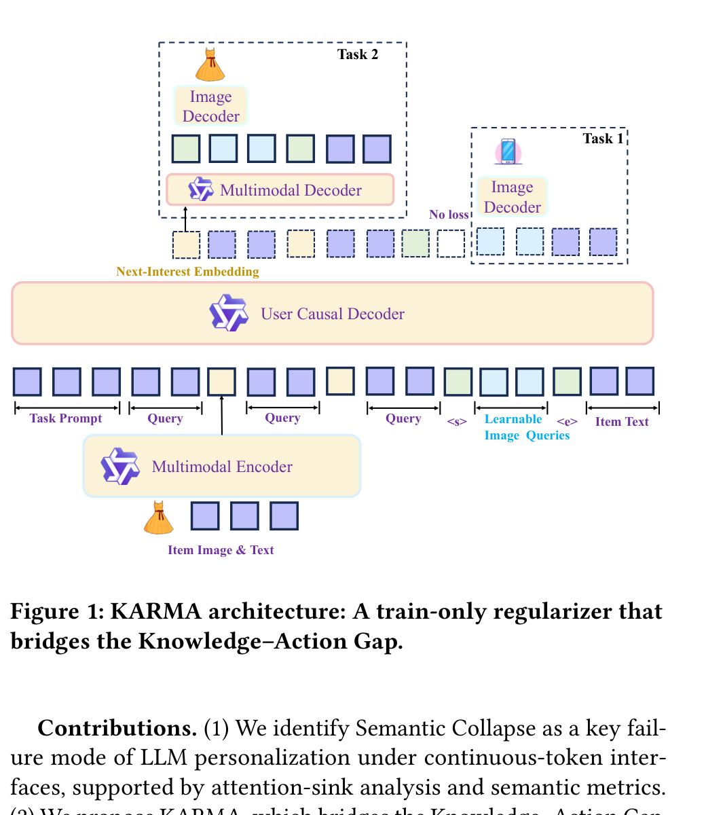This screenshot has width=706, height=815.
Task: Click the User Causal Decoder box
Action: (332, 314)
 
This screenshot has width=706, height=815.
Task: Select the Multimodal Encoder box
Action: (222, 467)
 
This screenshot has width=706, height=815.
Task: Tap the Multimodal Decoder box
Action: (280, 190)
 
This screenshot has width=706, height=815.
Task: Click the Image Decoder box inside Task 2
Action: (210, 107)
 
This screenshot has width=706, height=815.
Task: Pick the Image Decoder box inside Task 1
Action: (512, 197)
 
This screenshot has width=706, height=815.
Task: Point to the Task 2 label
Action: (358, 54)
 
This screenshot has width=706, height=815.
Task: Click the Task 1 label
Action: (603, 139)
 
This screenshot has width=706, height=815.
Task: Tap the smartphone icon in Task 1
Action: (508, 151)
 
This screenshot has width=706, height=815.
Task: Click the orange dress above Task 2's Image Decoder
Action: (209, 65)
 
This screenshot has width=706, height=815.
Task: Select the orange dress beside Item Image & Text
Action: (159, 518)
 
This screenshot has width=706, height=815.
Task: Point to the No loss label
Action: (449, 215)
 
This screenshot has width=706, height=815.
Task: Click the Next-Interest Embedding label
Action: (187, 272)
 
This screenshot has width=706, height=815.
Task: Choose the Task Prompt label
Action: (66, 418)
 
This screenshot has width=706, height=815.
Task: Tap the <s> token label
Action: (457, 422)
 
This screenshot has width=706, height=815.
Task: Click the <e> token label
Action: (567, 422)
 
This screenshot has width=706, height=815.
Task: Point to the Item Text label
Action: (622, 422)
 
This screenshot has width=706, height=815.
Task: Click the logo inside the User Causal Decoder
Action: (229, 313)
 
